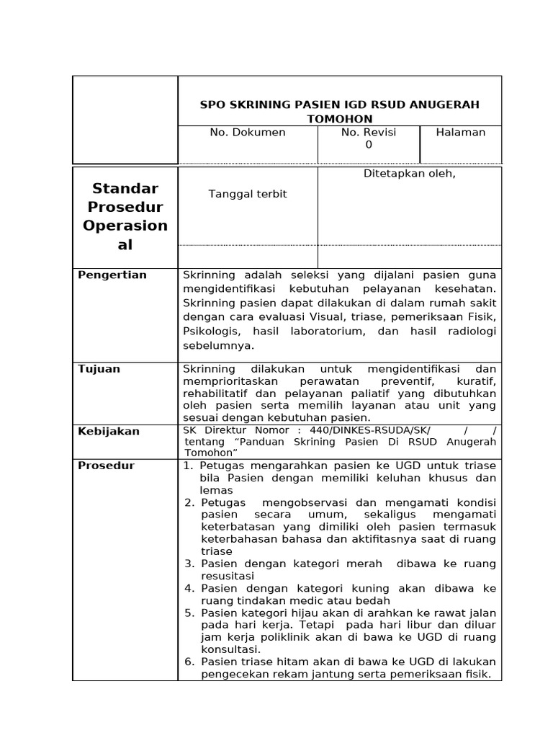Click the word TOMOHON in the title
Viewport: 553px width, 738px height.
339,118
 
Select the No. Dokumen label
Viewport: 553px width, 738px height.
248,133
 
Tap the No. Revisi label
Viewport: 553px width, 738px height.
369,133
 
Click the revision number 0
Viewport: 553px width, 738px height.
369,145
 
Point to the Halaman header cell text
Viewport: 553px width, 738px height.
461,133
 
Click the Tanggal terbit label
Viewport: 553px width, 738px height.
248,195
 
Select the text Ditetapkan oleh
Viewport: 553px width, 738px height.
410,174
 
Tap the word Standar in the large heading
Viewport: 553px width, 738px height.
125,189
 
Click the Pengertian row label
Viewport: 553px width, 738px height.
112,275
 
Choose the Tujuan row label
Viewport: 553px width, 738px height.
99,369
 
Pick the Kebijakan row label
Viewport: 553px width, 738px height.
109,432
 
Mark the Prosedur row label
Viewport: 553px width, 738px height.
107,466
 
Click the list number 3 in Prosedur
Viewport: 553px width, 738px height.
189,564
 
